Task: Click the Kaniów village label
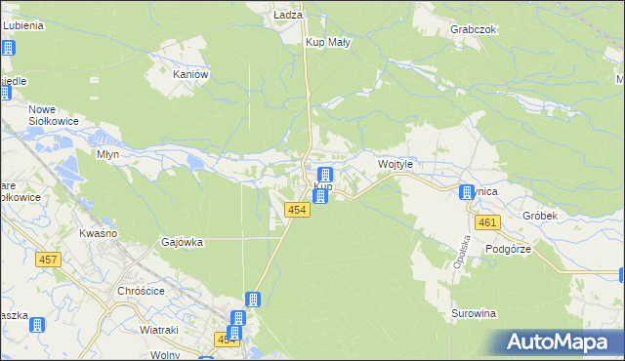tap(190, 74)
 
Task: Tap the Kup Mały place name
tap(328, 43)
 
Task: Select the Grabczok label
tap(475, 29)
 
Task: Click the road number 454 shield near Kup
tap(299, 211)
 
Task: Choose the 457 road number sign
tap(48, 260)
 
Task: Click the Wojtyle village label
tap(396, 166)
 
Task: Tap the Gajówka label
tap(182, 242)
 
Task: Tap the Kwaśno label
tap(98, 233)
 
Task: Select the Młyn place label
tap(107, 154)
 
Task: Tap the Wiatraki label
tap(158, 330)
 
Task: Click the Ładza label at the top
tap(288, 16)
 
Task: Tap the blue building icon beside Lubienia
tap(8, 48)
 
